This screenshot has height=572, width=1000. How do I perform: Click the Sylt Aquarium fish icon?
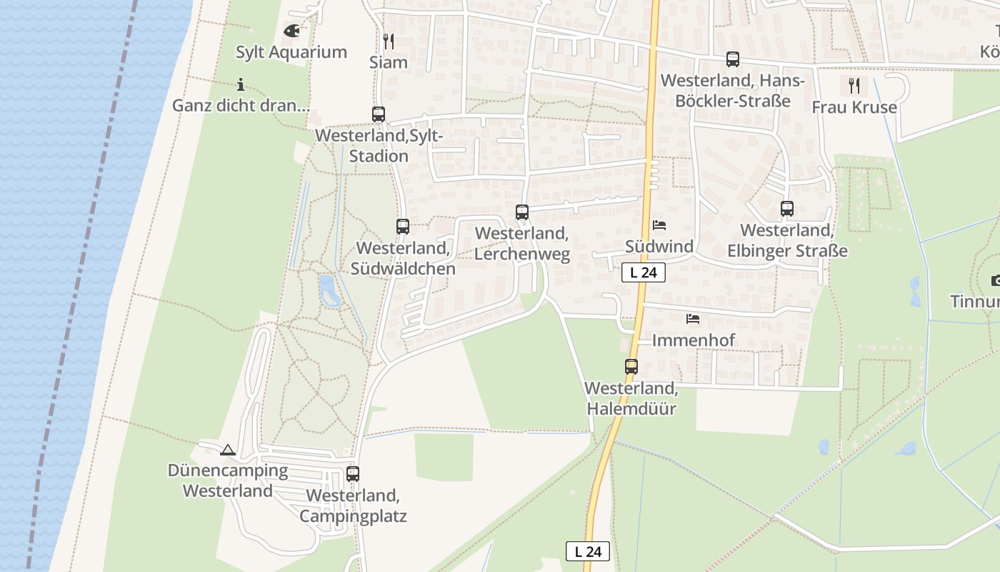coord(291,31)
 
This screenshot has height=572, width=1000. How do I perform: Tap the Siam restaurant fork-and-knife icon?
coord(388,41)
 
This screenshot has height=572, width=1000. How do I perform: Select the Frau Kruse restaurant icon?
coord(854,86)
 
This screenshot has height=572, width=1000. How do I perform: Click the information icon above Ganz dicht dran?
coord(241,84)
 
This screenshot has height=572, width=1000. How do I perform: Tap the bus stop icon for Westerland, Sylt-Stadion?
coord(379,114)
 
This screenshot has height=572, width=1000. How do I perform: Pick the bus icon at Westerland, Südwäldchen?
coord(403,227)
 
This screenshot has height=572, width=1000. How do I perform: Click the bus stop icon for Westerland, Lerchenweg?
coord(522,212)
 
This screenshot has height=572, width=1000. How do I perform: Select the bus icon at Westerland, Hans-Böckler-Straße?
coord(733,59)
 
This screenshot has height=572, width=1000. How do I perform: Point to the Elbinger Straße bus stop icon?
coord(787,209)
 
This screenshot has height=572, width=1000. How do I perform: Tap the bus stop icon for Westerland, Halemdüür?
coord(631,367)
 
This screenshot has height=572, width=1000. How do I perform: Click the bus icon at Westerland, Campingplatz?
coord(353,473)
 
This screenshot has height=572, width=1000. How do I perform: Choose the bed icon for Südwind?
coord(659,225)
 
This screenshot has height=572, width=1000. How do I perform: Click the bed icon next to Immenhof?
coord(693,319)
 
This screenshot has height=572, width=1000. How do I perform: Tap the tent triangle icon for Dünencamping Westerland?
coord(228,450)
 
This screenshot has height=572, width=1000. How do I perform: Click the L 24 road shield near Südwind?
coord(644,272)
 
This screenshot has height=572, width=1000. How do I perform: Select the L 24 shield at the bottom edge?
coord(588,551)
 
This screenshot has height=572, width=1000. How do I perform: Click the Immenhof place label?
coord(693,340)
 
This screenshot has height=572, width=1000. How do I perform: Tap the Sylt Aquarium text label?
coord(291,52)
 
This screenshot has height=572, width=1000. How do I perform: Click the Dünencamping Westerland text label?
coord(228,480)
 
